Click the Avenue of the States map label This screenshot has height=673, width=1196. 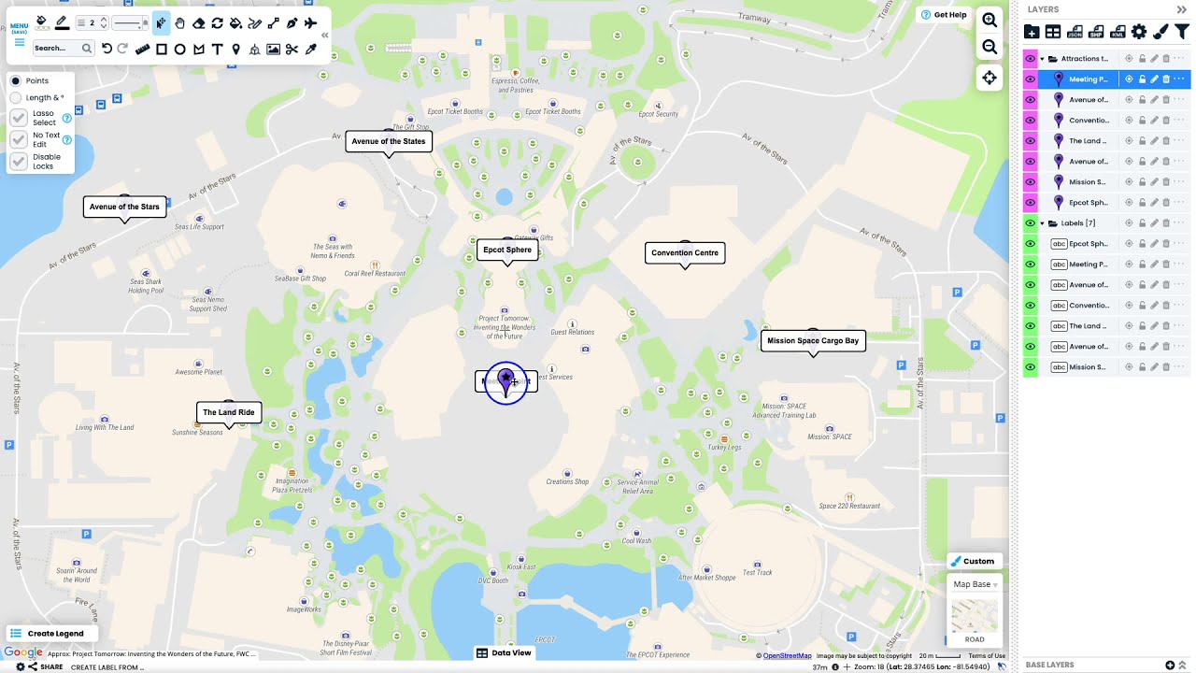pyautogui.click(x=389, y=142)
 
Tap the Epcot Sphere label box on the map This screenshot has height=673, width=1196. pyautogui.click(x=507, y=251)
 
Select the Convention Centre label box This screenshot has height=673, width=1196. pyautogui.click(x=685, y=253)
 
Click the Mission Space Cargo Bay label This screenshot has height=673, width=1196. pyautogui.click(x=813, y=341)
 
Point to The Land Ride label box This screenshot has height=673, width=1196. pyautogui.click(x=229, y=412)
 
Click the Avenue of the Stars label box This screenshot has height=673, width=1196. pyautogui.click(x=124, y=207)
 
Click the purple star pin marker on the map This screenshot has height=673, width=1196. pyautogui.click(x=506, y=379)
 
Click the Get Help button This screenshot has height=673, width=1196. pyautogui.click(x=944, y=15)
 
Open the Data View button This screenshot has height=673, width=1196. pyautogui.click(x=505, y=653)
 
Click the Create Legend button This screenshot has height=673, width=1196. pyautogui.click(x=48, y=634)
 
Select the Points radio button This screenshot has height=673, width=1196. pyautogui.click(x=16, y=81)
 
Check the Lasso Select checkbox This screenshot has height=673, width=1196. pyautogui.click(x=19, y=118)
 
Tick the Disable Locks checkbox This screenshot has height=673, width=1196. pyautogui.click(x=19, y=162)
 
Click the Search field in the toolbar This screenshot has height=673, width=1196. pyautogui.click(x=56, y=49)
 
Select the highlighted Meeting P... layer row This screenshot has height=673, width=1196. pyautogui.click(x=1089, y=79)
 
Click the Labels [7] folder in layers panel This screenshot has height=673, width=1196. pyautogui.click(x=1077, y=223)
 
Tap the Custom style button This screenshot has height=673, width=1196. pyautogui.click(x=974, y=562)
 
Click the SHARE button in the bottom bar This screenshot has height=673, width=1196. pyautogui.click(x=46, y=667)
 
